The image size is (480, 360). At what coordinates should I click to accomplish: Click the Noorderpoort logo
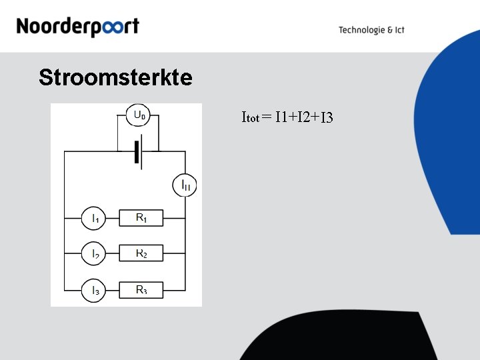tap(77, 27)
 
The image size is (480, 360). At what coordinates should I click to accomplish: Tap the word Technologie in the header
tap(361, 30)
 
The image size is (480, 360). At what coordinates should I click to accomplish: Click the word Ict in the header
tap(399, 30)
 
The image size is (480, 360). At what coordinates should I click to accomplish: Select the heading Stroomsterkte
tap(115, 78)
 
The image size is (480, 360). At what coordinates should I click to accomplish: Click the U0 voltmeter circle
tap(139, 115)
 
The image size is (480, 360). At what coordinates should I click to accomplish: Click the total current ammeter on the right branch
tap(185, 185)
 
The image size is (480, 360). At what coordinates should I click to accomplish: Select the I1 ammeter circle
tap(94, 217)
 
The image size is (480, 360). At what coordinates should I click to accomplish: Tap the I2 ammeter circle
tap(94, 253)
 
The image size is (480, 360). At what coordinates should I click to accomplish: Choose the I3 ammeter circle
tap(94, 290)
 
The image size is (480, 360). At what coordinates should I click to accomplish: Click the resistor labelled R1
tap(141, 217)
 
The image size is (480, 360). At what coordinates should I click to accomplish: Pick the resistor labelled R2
tap(141, 253)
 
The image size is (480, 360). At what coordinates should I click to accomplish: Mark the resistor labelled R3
tap(141, 290)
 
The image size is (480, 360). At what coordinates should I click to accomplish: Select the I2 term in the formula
tap(303, 118)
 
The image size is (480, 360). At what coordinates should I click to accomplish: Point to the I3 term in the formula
tap(326, 119)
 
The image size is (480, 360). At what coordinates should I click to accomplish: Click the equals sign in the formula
tap(267, 118)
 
